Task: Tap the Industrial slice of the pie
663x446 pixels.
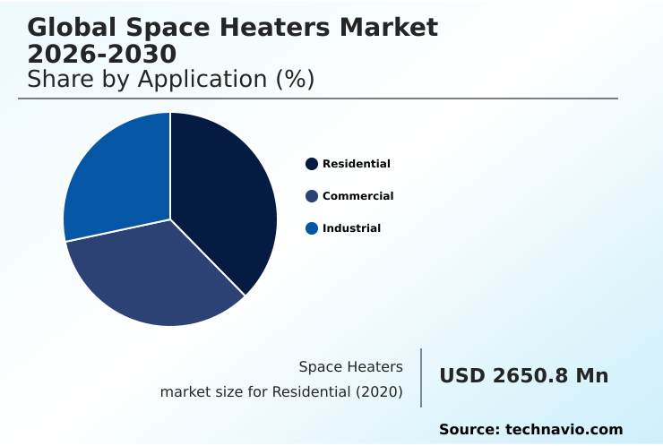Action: [x=112, y=179]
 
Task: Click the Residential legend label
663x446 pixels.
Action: [x=357, y=164]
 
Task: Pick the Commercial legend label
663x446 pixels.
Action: [x=357, y=196]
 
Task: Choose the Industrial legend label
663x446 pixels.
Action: [x=351, y=228]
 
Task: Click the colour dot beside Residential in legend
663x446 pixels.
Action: [x=312, y=164]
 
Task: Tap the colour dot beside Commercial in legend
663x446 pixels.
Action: [x=312, y=196]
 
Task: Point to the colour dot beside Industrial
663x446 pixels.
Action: [x=312, y=228]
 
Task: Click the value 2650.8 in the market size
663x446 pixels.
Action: [x=530, y=376]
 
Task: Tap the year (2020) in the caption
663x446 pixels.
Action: [x=382, y=392]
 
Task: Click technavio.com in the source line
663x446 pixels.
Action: [x=564, y=430]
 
